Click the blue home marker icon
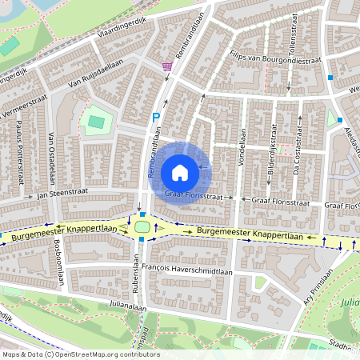[x=180, y=172]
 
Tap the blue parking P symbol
[x=157, y=118]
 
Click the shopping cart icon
[x=166, y=67]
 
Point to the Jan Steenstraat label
[x=61, y=194]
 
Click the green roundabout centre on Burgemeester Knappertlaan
[x=142, y=228]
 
